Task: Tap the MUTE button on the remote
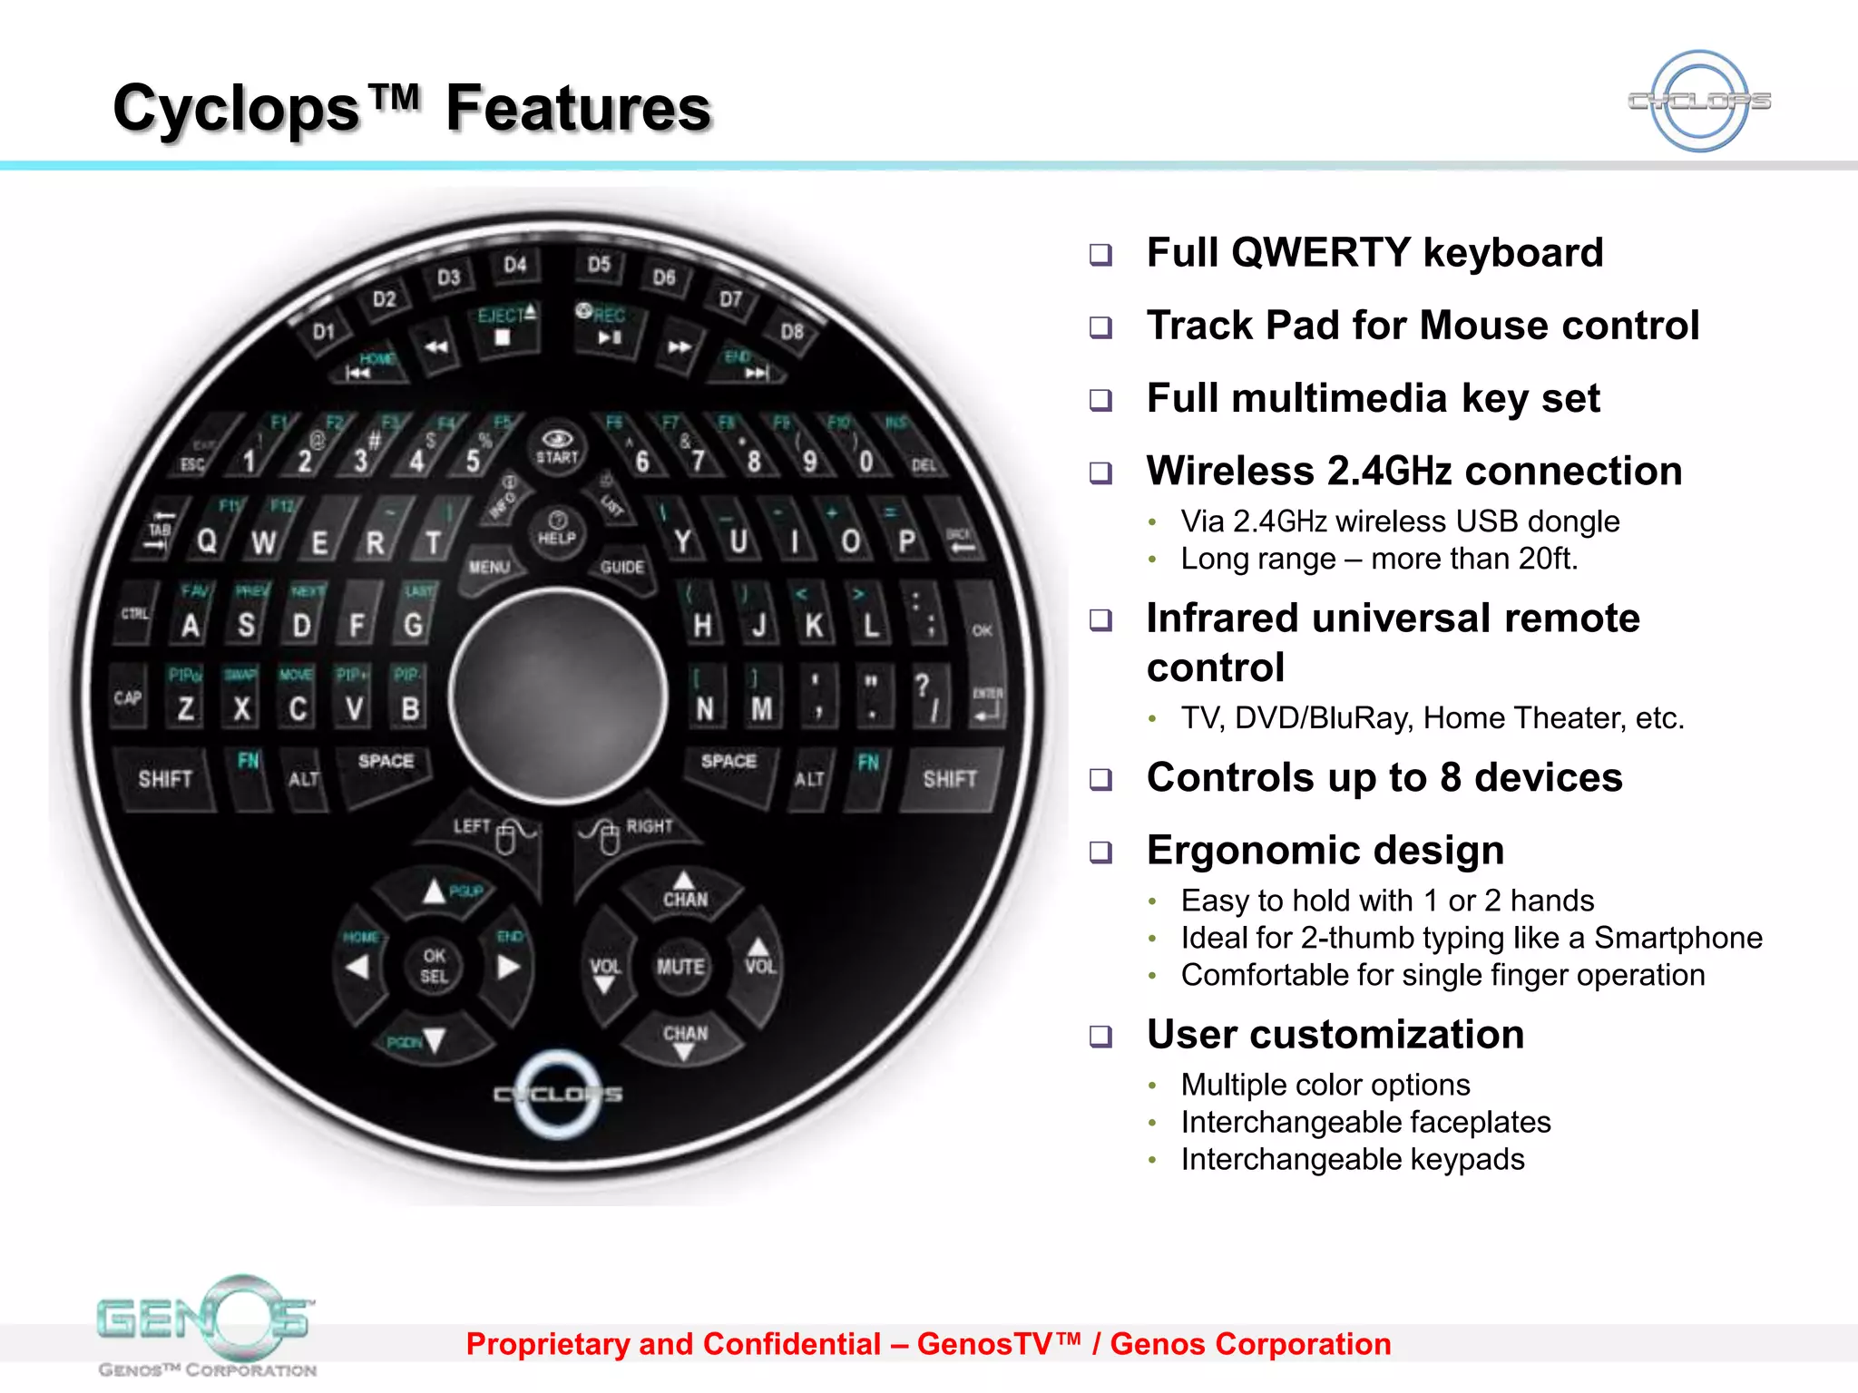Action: [680, 968]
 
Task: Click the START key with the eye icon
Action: [557, 447]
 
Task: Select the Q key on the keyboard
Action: [207, 541]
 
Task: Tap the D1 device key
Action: [324, 332]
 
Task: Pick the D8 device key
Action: [792, 332]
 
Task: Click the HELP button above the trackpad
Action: [557, 529]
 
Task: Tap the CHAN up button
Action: [685, 891]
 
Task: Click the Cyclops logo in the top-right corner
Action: [1699, 101]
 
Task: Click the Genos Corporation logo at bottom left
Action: [207, 1324]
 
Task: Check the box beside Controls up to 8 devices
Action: [1100, 779]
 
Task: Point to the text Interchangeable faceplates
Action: [1365, 1122]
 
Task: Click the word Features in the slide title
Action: [578, 109]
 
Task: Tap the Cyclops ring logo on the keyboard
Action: [558, 1094]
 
